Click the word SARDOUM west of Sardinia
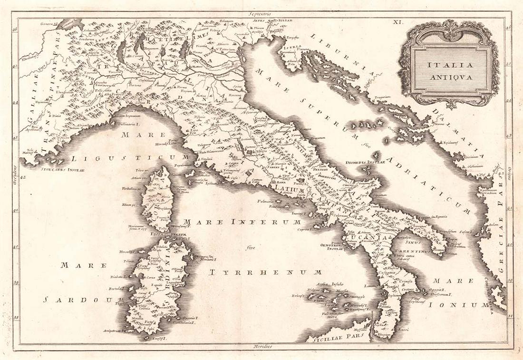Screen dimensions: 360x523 click(x=83, y=300)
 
